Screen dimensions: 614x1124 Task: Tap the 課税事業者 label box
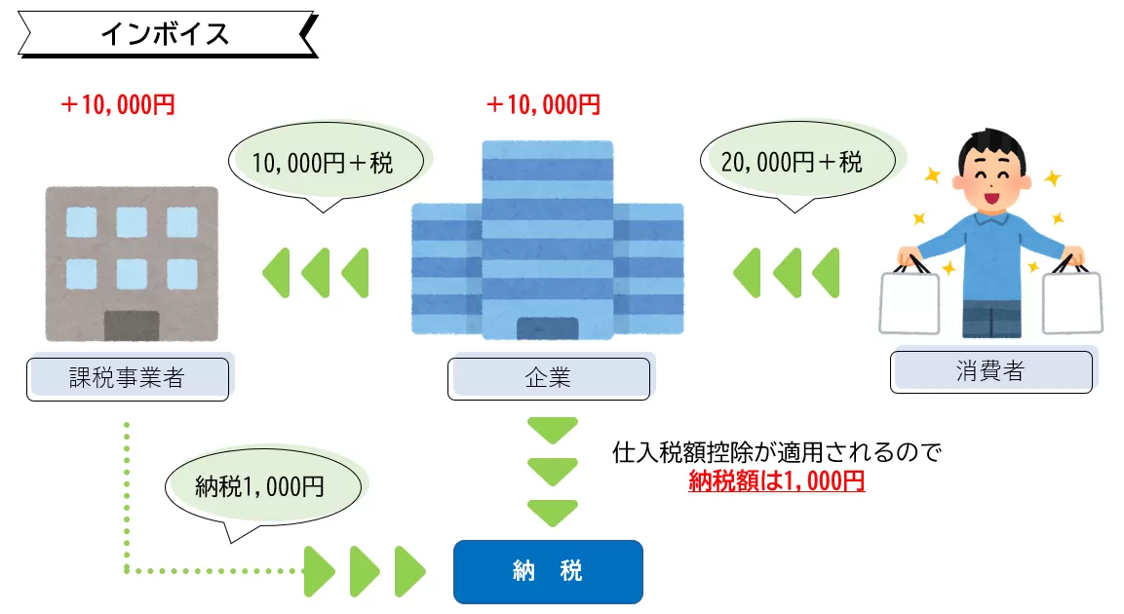pyautogui.click(x=127, y=378)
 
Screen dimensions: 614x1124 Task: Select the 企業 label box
pyautogui.click(x=548, y=378)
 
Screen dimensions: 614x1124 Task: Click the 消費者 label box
pyautogui.click(x=990, y=370)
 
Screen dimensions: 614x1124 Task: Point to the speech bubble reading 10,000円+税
pyautogui.click(x=323, y=163)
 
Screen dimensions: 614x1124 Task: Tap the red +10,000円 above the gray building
pyautogui.click(x=117, y=105)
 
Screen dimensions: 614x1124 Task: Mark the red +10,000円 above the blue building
pyautogui.click(x=543, y=105)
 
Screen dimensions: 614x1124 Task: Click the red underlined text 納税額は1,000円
pyautogui.click(x=776, y=480)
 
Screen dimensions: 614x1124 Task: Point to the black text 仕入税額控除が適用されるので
pyautogui.click(x=776, y=453)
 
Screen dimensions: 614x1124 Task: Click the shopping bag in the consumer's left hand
pyautogui.click(x=1072, y=302)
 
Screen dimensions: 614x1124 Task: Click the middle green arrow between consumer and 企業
pyautogui.click(x=786, y=273)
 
